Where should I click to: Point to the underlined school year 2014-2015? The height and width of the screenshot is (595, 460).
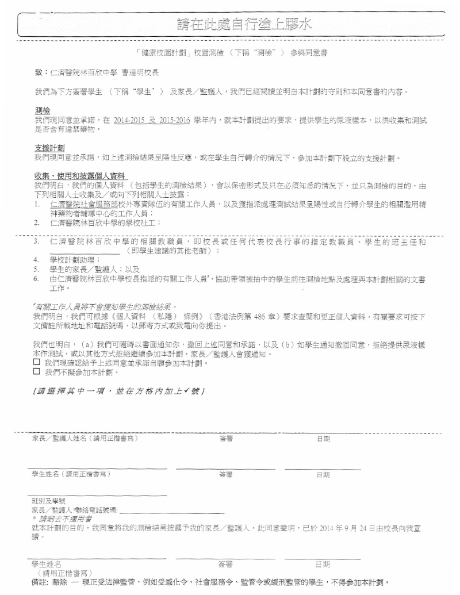[x=129, y=121]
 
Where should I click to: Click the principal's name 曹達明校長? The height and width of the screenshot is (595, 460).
[x=141, y=72]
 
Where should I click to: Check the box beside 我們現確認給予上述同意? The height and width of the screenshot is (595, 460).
[x=37, y=363]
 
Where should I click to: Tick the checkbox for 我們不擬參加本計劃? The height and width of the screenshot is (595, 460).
[x=37, y=372]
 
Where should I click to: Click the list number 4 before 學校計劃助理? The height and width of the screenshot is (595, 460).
[x=36, y=260]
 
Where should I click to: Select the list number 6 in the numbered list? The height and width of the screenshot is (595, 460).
[x=36, y=279]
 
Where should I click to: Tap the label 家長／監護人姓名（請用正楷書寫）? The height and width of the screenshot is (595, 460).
[x=85, y=439]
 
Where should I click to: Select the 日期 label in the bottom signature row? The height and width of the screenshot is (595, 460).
[x=323, y=565]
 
